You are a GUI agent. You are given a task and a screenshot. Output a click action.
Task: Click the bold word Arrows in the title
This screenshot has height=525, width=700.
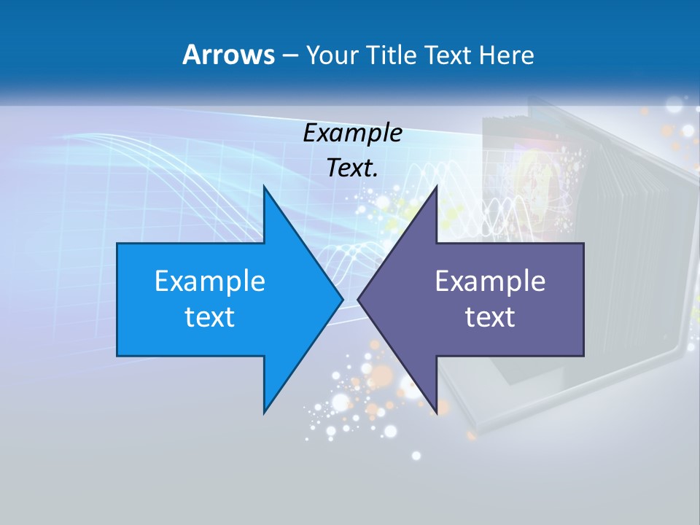click(228, 55)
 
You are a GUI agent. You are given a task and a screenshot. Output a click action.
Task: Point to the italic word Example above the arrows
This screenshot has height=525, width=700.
click(352, 133)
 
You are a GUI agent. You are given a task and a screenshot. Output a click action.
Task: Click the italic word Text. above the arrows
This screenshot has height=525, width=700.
click(352, 168)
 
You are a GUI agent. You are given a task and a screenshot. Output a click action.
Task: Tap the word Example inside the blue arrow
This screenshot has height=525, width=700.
click(210, 281)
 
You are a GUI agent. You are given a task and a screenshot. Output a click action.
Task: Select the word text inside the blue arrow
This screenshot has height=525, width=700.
click(210, 316)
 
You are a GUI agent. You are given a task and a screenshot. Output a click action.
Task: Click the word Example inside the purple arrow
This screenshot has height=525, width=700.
click(490, 281)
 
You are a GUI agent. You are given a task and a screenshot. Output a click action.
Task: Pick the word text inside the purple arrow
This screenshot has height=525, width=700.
click(490, 316)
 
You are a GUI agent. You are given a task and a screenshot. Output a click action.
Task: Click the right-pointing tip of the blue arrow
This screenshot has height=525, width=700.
click(343, 299)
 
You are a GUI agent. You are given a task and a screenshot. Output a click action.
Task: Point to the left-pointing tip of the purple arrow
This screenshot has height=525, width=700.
click(358, 299)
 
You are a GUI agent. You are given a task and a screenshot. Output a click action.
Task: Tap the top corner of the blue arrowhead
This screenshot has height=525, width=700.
click(264, 187)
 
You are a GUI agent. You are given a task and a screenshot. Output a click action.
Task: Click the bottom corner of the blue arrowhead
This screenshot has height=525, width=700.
click(264, 413)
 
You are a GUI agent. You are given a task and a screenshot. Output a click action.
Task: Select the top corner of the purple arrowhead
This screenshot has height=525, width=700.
click(436, 187)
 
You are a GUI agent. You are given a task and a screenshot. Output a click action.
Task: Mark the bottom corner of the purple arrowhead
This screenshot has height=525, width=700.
click(436, 413)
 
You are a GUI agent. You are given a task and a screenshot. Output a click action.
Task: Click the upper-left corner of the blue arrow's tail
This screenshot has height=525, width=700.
click(117, 244)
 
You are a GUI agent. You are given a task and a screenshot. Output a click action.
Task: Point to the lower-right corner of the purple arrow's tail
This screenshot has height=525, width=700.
click(583, 356)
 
